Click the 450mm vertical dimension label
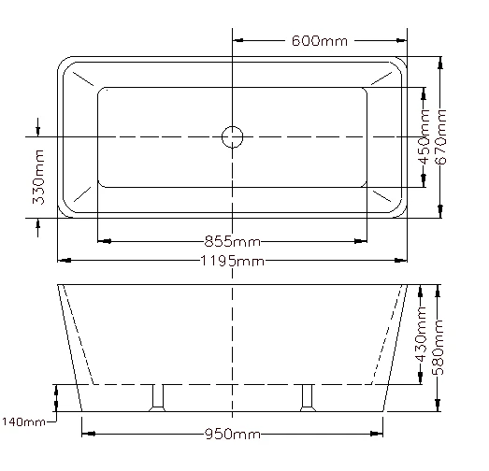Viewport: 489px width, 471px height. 425,137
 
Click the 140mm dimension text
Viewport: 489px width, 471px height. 23,422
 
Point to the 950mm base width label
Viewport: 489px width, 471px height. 233,435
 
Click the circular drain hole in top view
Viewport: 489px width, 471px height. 232,137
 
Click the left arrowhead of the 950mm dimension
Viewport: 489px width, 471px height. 88,433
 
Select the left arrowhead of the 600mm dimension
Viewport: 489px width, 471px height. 237,41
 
